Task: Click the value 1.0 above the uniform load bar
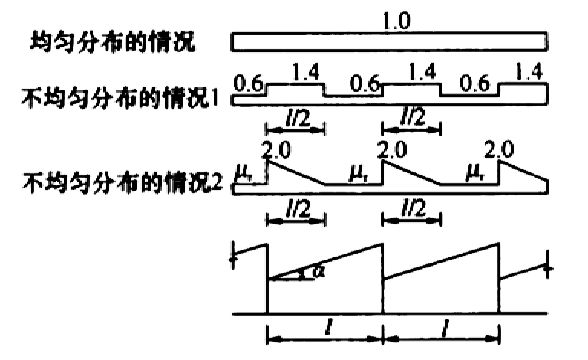(396, 21)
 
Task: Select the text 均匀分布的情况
(113, 41)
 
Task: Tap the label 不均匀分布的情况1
(120, 98)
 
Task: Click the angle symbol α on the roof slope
(318, 270)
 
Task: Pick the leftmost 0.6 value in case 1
(248, 83)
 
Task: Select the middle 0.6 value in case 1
(365, 83)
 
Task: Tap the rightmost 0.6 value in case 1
(475, 83)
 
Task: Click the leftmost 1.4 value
(305, 72)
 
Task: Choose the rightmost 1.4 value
(529, 71)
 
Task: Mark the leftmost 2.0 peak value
(276, 150)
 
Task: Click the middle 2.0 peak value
(392, 149)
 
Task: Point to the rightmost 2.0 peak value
(498, 149)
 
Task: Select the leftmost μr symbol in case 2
(244, 173)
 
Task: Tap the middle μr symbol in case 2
(359, 173)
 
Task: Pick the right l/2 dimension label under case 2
(413, 208)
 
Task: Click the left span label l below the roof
(328, 327)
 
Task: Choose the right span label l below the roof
(445, 328)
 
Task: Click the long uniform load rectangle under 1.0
(389, 41)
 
